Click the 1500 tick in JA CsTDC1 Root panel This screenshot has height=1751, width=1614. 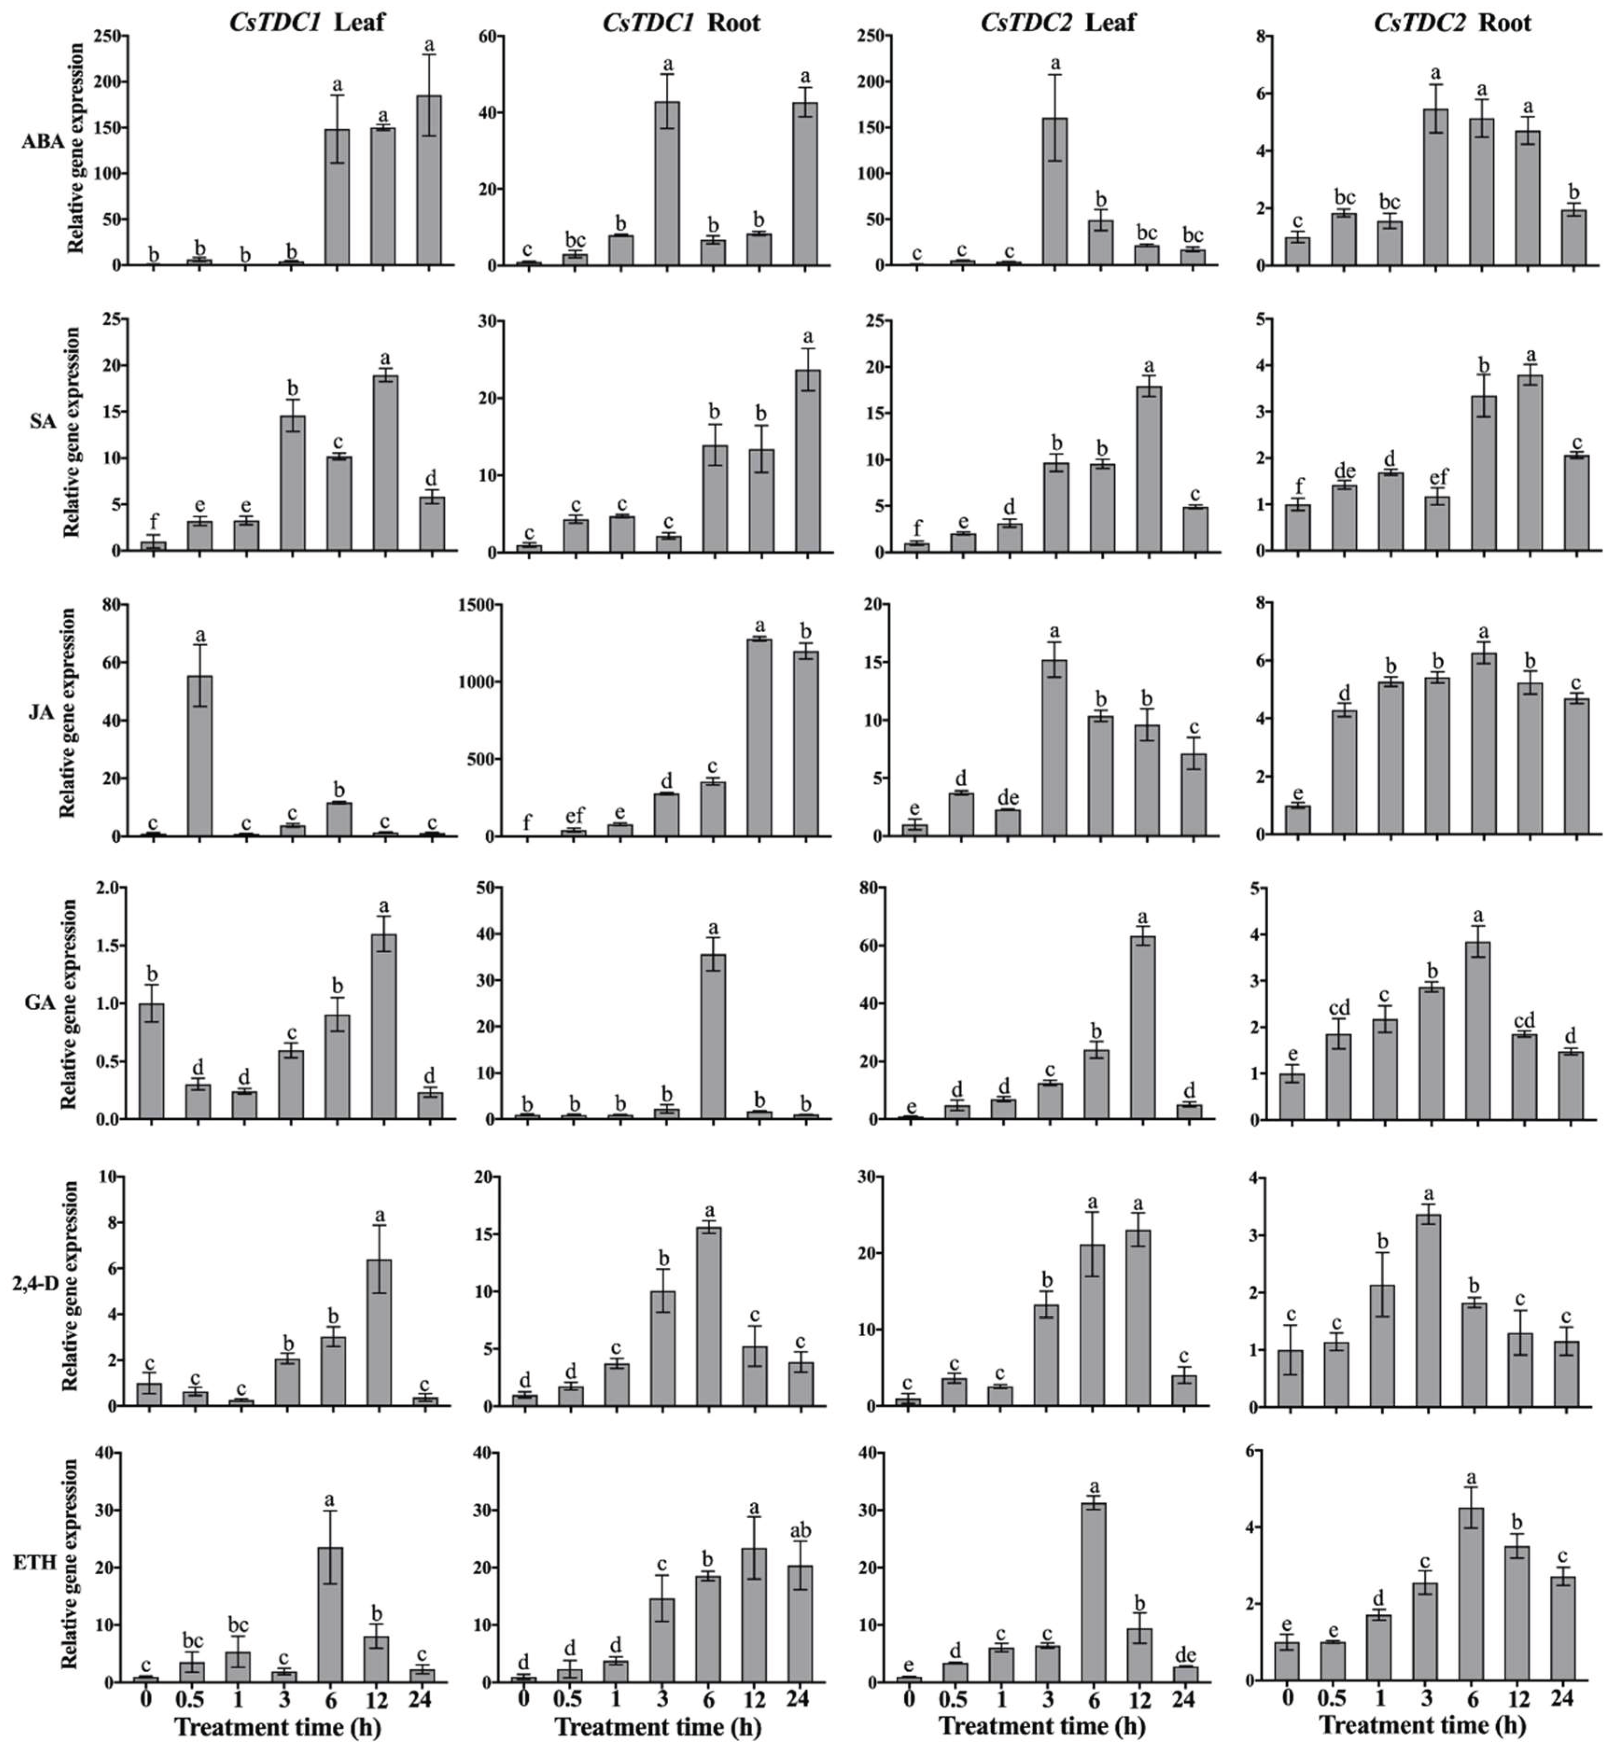[x=485, y=604]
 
